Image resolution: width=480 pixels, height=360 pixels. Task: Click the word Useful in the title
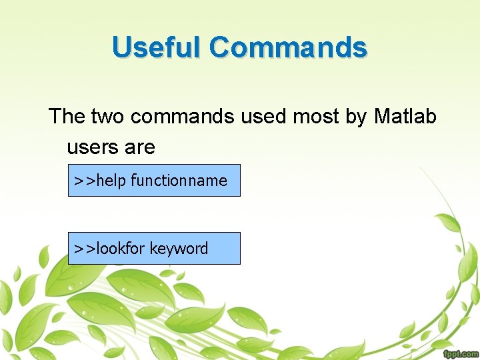coord(157,47)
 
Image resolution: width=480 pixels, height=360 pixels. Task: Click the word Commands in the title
coord(287,47)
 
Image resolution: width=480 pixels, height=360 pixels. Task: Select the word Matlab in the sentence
coord(405,117)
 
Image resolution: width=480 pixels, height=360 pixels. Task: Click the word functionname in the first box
coord(179,181)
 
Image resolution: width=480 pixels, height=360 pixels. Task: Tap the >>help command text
coord(100,181)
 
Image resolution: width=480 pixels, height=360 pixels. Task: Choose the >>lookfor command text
coord(109,249)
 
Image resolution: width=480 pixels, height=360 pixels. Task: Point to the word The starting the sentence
coord(67,117)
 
